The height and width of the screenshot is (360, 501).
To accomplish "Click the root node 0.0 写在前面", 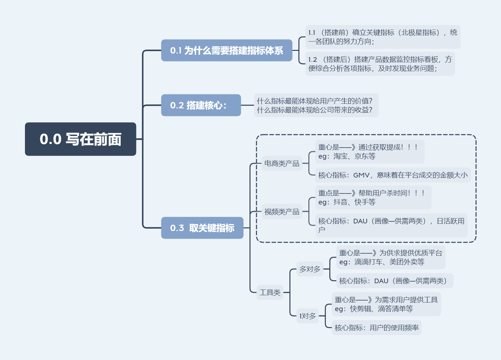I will [81, 139].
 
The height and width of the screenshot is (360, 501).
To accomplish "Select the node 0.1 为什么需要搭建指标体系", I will [227, 51].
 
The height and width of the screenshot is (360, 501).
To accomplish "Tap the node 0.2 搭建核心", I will [201, 105].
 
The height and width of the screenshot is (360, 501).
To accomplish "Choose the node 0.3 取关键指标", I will [202, 228].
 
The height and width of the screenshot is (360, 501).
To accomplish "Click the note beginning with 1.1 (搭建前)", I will [383, 37].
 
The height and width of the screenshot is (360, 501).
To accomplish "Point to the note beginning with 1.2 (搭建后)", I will [380, 64].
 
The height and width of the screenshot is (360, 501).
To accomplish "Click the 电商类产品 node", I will [282, 164].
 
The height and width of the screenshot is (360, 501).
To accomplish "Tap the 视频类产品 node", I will [282, 212].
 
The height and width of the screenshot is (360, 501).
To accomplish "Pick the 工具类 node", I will [270, 293].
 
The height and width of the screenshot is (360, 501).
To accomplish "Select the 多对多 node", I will [310, 269].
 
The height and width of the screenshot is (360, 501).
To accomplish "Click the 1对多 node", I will [307, 316].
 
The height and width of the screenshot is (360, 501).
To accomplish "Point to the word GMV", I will [361, 175].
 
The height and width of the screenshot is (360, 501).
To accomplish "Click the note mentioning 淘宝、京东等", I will [370, 152].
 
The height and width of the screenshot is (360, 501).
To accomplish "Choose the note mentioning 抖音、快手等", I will [373, 197].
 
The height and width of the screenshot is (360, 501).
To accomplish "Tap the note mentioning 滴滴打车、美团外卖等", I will [391, 258].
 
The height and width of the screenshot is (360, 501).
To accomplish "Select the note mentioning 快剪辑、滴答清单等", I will [386, 304].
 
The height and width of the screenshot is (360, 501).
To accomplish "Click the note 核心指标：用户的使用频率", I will [377, 328].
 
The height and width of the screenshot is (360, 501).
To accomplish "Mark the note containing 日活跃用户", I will [391, 225].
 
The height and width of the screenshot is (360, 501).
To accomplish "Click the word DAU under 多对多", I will [381, 281].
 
